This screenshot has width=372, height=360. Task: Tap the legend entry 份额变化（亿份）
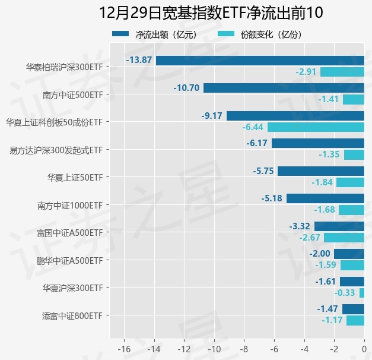point(260,34)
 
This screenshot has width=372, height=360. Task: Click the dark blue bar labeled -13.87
point(260,60)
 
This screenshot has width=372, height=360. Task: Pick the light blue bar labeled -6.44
point(316,127)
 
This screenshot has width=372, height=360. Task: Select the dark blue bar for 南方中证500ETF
point(284,88)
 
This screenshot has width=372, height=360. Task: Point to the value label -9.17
point(212,115)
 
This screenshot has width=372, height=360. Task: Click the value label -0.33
point(345,293)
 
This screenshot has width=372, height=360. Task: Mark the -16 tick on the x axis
point(124,349)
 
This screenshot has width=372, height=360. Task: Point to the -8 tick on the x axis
point(244,349)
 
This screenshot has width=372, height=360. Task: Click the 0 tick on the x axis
point(364,349)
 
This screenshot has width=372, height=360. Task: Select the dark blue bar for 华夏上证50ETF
point(321,171)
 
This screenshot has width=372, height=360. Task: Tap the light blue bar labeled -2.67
point(344,238)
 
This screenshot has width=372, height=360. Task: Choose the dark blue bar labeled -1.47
point(353,309)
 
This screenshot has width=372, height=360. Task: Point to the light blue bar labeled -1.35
point(354,154)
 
